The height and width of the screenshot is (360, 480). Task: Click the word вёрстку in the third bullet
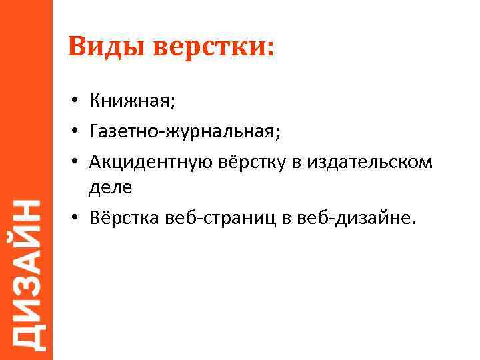[253, 162]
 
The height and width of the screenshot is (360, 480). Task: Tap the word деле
[110, 189]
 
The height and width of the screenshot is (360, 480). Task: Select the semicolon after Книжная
[174, 103]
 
